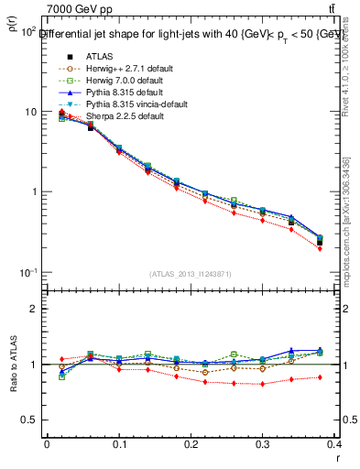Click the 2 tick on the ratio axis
pos(36,309)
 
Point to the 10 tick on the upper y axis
pos(30,112)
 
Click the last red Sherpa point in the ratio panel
pos(345,376)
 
